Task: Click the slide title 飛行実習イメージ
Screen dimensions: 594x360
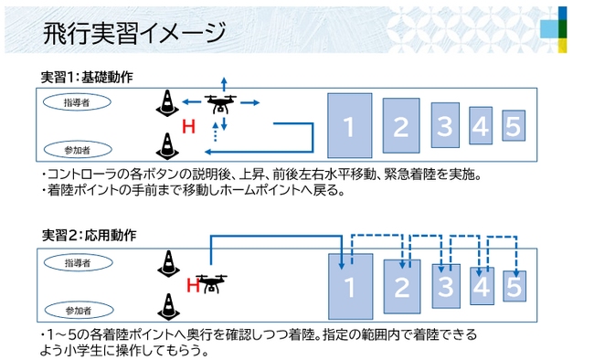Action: point(134,33)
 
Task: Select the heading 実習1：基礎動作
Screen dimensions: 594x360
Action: point(87,77)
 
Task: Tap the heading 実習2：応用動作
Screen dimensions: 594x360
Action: point(89,236)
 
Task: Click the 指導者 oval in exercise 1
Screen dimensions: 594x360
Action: point(77,102)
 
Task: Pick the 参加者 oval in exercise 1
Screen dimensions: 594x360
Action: point(78,150)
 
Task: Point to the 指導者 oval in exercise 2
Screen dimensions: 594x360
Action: point(78,263)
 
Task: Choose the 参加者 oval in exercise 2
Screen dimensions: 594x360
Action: point(79,311)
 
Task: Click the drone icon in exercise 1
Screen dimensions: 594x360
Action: point(220,103)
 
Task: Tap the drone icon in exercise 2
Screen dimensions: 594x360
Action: point(212,283)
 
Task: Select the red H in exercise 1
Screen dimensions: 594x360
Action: point(188,127)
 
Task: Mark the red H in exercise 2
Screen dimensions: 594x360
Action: point(193,285)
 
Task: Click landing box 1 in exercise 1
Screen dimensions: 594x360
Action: point(350,125)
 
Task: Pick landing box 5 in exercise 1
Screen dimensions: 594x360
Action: point(514,126)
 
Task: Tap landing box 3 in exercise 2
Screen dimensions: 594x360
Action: point(446,286)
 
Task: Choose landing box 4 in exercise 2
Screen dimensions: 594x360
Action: point(482,286)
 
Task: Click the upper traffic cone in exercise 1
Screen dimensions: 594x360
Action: point(167,102)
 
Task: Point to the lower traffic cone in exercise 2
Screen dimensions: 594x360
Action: point(168,307)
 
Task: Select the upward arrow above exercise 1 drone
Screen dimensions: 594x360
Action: point(224,84)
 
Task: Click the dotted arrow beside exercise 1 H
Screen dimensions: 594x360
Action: point(215,132)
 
